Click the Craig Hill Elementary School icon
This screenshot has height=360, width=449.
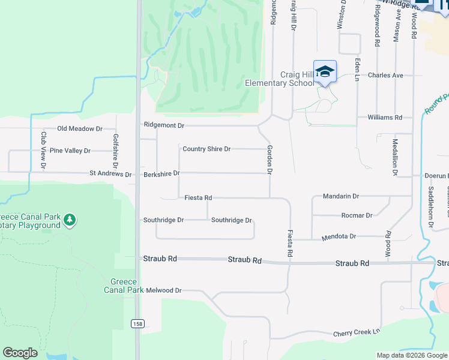[325, 72]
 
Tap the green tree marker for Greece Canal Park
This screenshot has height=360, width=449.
[70, 220]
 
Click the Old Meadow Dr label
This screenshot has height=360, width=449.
[80, 128]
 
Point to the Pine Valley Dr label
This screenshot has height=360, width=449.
[70, 151]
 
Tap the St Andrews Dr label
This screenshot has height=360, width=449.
[110, 174]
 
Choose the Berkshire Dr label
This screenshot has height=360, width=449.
[161, 173]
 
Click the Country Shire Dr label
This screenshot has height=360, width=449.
[206, 149]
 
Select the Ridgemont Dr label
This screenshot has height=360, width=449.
[163, 125]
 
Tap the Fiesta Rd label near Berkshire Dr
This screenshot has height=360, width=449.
[198, 197]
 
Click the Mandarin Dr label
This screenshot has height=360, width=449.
[340, 196]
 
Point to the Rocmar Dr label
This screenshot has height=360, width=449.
[356, 215]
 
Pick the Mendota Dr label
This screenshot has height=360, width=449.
[339, 237]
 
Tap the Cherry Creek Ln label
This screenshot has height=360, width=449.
[358, 332]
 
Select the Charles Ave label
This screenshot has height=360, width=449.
[385, 76]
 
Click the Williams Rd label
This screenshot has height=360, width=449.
[385, 118]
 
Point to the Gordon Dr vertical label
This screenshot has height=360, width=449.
[270, 160]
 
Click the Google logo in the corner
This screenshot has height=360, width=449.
[20, 353]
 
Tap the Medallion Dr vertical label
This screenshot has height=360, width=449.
[395, 157]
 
